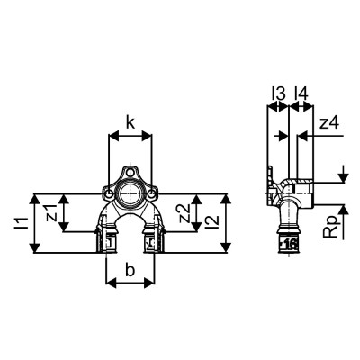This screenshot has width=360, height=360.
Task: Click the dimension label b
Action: coord(130,270)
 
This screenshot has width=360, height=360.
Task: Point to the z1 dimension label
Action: coord(51,213)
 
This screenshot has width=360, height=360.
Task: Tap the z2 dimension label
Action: coord(184,213)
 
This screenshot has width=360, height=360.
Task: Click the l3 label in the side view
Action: coord(279,93)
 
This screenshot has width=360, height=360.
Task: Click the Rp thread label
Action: coord(332,226)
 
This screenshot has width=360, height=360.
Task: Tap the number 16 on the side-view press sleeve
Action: coord(290,243)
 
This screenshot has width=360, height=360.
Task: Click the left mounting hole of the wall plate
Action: coord(109,192)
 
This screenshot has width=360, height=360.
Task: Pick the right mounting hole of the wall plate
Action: coord(152,192)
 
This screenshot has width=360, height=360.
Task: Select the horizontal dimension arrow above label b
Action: coord(130,281)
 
